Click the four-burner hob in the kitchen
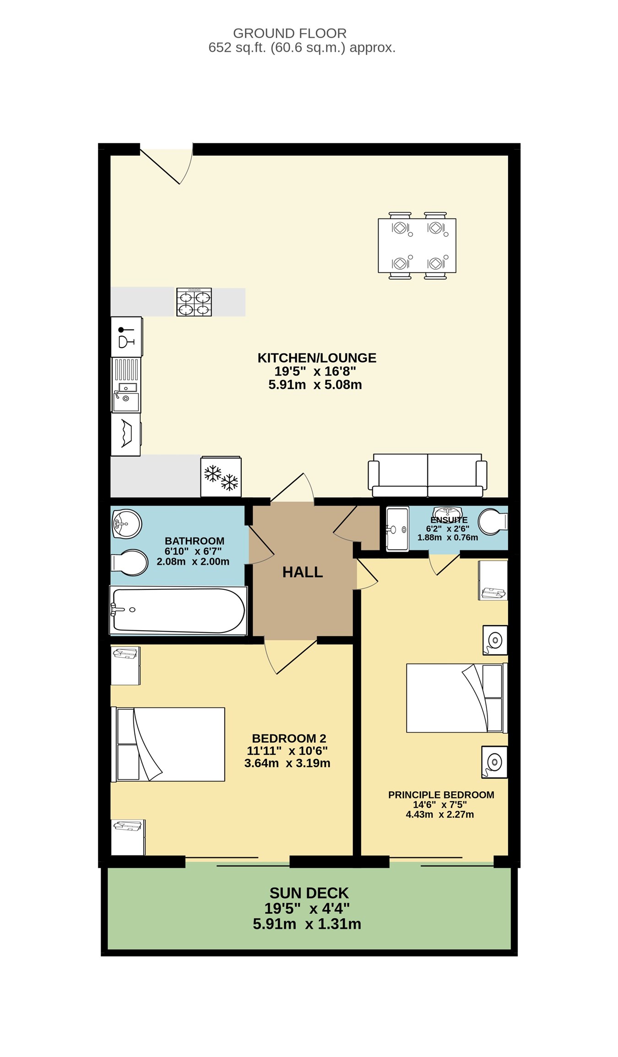coord(194,302)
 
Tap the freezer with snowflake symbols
coord(221,477)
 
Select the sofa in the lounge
coord(428,475)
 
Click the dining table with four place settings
coord(417,245)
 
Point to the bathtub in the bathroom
coord(179,611)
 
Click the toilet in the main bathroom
coord(130,562)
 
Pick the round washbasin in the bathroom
coord(127,523)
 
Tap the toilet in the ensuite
coord(493,522)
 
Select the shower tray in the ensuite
coord(397,529)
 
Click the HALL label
coord(303,572)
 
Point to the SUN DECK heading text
coord(309,893)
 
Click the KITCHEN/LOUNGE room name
coord(317,358)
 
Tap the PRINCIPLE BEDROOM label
coord(441,795)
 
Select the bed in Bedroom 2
coord(168,744)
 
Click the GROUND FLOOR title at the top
coord(290,33)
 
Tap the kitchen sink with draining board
coord(126,385)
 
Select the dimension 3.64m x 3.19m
coord(287,763)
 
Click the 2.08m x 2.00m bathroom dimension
coord(193,561)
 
